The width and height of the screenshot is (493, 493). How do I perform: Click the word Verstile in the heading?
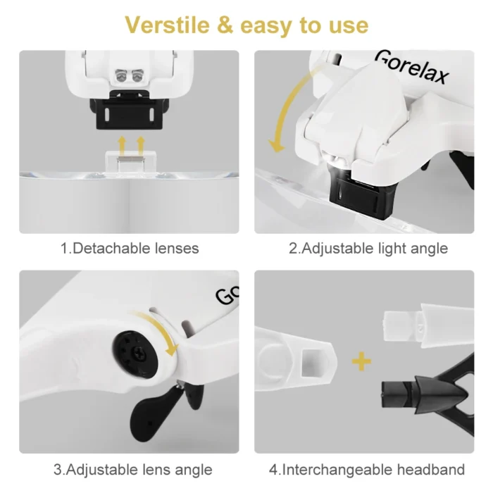click(x=168, y=25)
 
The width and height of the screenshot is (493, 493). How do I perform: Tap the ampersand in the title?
click(x=225, y=26)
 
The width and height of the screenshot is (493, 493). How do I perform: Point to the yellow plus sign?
click(x=361, y=362)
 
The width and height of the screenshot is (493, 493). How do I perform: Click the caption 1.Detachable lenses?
click(x=130, y=249)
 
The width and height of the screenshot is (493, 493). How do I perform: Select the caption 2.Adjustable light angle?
click(x=368, y=249)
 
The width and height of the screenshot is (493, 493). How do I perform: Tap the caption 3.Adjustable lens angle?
click(x=132, y=469)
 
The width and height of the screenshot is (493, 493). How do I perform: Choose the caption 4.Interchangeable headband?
click(x=367, y=469)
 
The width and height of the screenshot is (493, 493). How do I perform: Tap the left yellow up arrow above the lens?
click(x=123, y=144)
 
